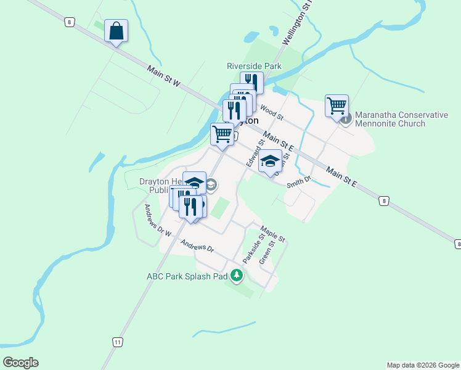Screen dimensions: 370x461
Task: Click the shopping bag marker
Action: tap(116, 30)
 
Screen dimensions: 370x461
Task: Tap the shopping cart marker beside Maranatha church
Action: tap(337, 106)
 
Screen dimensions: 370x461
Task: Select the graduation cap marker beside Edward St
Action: tap(269, 161)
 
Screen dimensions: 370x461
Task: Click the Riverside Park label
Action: tap(254, 66)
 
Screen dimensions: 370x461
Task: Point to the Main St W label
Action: tap(163, 76)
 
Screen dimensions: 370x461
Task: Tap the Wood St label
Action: tap(271, 113)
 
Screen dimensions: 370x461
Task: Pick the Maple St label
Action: tap(273, 234)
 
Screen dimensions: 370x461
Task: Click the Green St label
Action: tap(266, 253)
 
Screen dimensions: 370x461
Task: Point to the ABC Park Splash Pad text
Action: tap(187, 276)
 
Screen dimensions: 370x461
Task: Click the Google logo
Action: tap(20, 362)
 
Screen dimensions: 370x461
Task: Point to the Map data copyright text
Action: tap(422, 365)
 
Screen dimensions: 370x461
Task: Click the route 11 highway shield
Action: tap(116, 342)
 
